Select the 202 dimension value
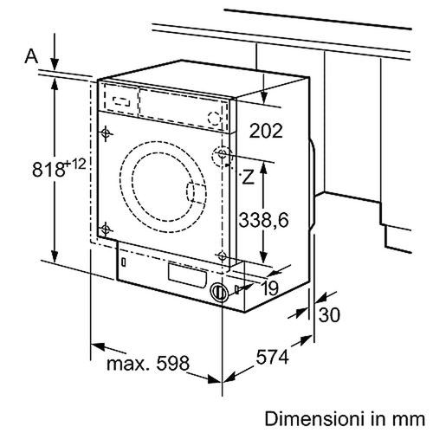(266, 132)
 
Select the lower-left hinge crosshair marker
(106, 229)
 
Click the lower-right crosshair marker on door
(224, 255)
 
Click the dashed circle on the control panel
(215, 118)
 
